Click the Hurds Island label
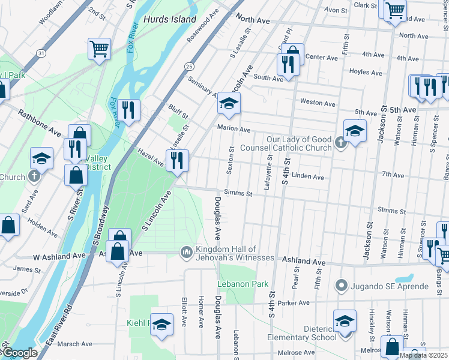[170, 19]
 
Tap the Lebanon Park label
[243, 284]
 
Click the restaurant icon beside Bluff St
[128, 109]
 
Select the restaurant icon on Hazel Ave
[178, 160]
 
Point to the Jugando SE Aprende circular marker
[341, 284]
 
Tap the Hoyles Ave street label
[366, 73]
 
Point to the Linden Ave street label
[309, 177]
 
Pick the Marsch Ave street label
[75, 344]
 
